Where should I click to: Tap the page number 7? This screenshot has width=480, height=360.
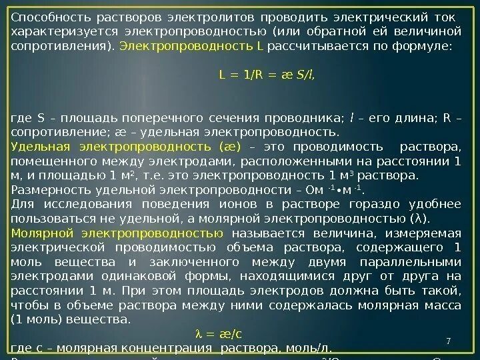(449, 342)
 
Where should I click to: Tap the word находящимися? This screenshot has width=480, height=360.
(242, 277)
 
